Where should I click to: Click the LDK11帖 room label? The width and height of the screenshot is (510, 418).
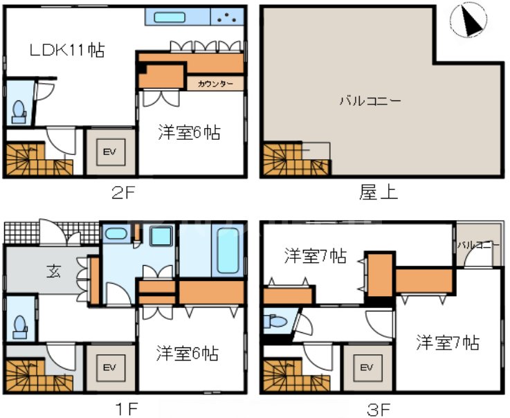click(67, 50)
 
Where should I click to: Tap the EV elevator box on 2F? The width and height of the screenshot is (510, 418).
click(109, 152)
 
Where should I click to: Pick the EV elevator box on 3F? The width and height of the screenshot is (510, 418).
click(367, 367)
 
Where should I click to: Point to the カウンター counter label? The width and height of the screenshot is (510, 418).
click(216, 84)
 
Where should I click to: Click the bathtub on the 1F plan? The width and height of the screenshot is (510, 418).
click(228, 251)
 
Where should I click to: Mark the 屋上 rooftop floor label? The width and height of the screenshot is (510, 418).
click(379, 194)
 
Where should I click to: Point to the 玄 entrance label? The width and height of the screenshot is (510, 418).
click(53, 271)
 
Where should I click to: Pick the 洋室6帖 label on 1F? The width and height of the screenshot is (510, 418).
click(188, 354)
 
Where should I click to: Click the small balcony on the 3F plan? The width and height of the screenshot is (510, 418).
click(477, 250)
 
